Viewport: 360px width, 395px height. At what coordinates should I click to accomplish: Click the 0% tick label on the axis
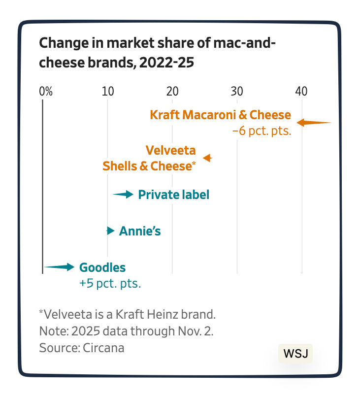pyautogui.click(x=45, y=91)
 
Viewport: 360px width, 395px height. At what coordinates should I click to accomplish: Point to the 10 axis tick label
pyautogui.click(x=107, y=91)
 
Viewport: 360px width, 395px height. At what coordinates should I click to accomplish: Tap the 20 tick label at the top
pyautogui.click(x=172, y=91)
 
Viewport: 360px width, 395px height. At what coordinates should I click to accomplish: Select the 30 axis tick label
pyautogui.click(x=237, y=91)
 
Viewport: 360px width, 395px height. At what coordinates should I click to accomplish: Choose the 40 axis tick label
pyautogui.click(x=301, y=91)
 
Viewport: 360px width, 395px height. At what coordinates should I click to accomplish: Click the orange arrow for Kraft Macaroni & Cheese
pyautogui.click(x=314, y=123)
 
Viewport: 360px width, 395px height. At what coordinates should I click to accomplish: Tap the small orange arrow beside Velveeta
pyautogui.click(x=207, y=158)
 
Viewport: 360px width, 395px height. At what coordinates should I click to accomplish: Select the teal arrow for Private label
pyautogui.click(x=123, y=195)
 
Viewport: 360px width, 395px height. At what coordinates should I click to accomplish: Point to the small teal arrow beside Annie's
pyautogui.click(x=110, y=230)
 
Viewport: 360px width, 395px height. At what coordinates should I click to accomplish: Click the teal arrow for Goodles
pyautogui.click(x=59, y=267)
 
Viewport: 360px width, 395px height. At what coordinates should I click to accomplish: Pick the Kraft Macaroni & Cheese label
pyautogui.click(x=220, y=115)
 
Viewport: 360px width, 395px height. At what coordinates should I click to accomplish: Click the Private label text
pyautogui.click(x=174, y=195)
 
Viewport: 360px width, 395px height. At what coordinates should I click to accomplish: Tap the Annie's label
pyautogui.click(x=140, y=231)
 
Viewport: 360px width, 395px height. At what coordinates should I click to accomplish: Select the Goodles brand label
pyautogui.click(x=102, y=267)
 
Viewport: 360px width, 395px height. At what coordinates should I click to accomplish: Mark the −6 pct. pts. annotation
pyautogui.click(x=262, y=131)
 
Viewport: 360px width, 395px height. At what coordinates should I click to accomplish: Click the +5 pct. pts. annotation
pyautogui.click(x=110, y=283)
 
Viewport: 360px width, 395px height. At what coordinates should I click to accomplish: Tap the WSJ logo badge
pyautogui.click(x=295, y=353)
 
